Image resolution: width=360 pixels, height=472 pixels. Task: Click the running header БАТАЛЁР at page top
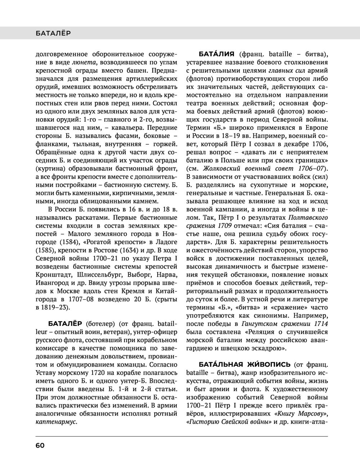point(53,33)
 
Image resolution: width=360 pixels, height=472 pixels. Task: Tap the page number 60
point(40,445)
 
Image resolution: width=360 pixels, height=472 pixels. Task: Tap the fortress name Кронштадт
point(53,274)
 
